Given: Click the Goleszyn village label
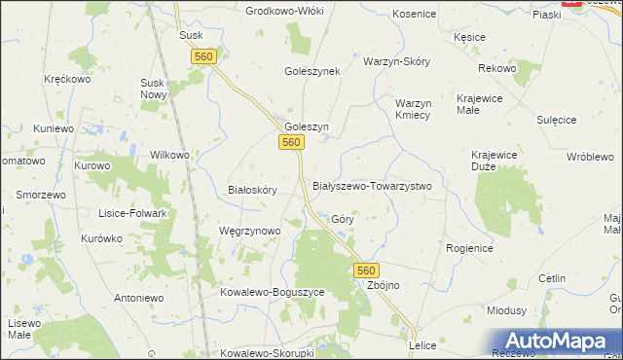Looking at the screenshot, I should click(307, 126).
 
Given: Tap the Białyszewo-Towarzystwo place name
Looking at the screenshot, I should click(371, 185).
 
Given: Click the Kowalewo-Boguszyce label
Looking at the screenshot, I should click(272, 292).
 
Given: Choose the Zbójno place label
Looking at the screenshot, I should click(383, 286).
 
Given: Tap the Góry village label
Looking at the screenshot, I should click(342, 220).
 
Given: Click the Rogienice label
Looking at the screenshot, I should click(470, 249).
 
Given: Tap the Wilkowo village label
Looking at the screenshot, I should click(169, 155).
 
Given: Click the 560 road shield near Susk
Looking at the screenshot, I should click(203, 57).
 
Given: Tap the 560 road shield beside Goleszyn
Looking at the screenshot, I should click(290, 143).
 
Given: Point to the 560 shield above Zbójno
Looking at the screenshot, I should click(365, 269).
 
